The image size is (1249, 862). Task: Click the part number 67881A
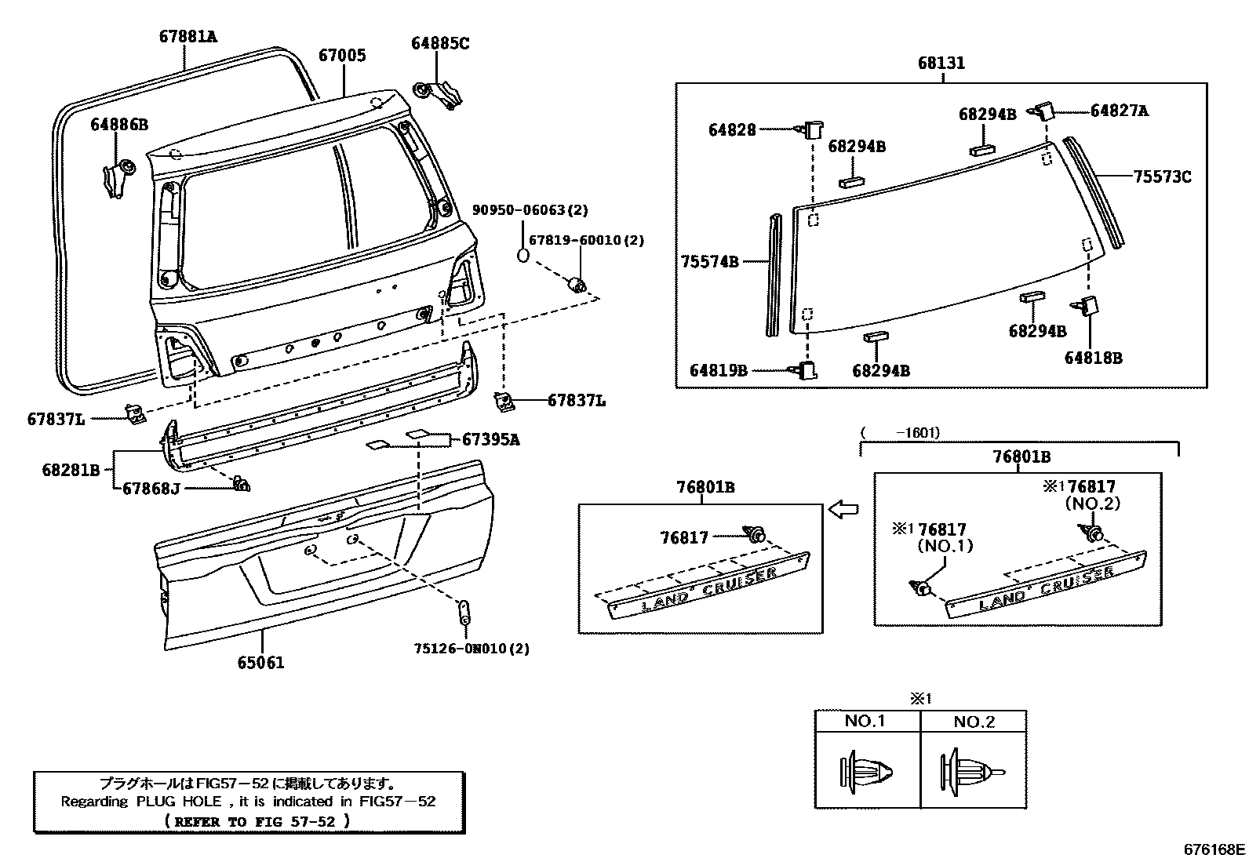pos(188,36)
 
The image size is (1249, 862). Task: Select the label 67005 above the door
pos(342,56)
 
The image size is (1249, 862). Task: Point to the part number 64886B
pos(118,124)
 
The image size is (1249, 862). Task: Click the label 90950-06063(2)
pos(530,210)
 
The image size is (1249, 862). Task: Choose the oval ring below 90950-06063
pos(523,255)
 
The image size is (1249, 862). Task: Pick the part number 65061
pos(260,663)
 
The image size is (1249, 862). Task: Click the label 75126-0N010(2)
pos(472,649)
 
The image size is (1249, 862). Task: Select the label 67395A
pos(490,439)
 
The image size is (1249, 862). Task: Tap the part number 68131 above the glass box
pos(941,63)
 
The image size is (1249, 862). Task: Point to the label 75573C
pos(1161,177)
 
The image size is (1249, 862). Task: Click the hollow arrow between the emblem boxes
pos(843,511)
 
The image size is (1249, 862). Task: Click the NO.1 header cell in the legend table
pos(866,722)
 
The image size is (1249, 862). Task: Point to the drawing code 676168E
pos(1214,849)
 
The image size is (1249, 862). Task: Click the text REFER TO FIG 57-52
pos(258,821)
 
